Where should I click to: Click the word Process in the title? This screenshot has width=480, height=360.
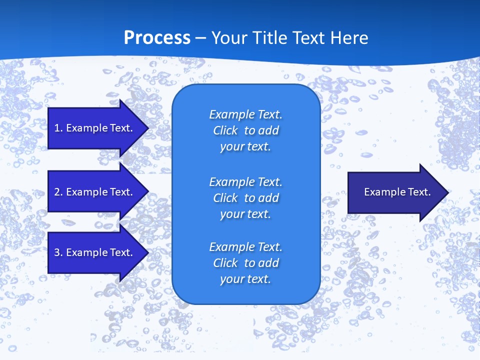(x=157, y=38)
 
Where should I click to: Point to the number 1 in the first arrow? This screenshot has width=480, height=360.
(x=57, y=128)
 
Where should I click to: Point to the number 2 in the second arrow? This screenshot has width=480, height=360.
(x=57, y=192)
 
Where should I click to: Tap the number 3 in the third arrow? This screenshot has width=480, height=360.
(x=57, y=252)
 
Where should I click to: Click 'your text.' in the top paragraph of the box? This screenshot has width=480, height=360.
(x=245, y=147)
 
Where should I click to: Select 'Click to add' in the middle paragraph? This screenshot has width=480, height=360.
(x=245, y=198)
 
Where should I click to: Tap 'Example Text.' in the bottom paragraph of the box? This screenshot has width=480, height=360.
(x=245, y=247)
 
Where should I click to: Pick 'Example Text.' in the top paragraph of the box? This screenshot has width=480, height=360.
(x=245, y=114)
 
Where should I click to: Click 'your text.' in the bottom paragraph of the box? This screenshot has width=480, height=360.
(x=245, y=279)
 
